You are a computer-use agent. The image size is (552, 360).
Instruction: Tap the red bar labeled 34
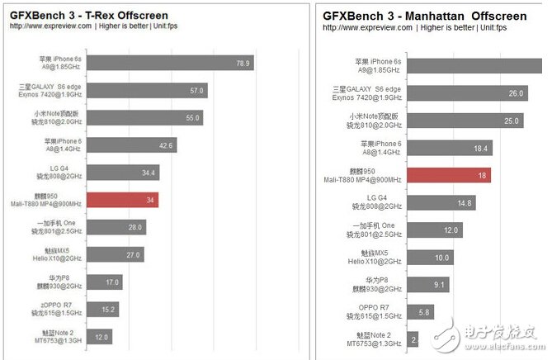[x=122, y=200]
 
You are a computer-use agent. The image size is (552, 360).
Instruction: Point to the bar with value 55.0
[x=144, y=118]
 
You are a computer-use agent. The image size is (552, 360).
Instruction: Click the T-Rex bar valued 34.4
[x=123, y=173]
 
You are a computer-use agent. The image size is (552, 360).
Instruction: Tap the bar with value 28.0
[x=116, y=227]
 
